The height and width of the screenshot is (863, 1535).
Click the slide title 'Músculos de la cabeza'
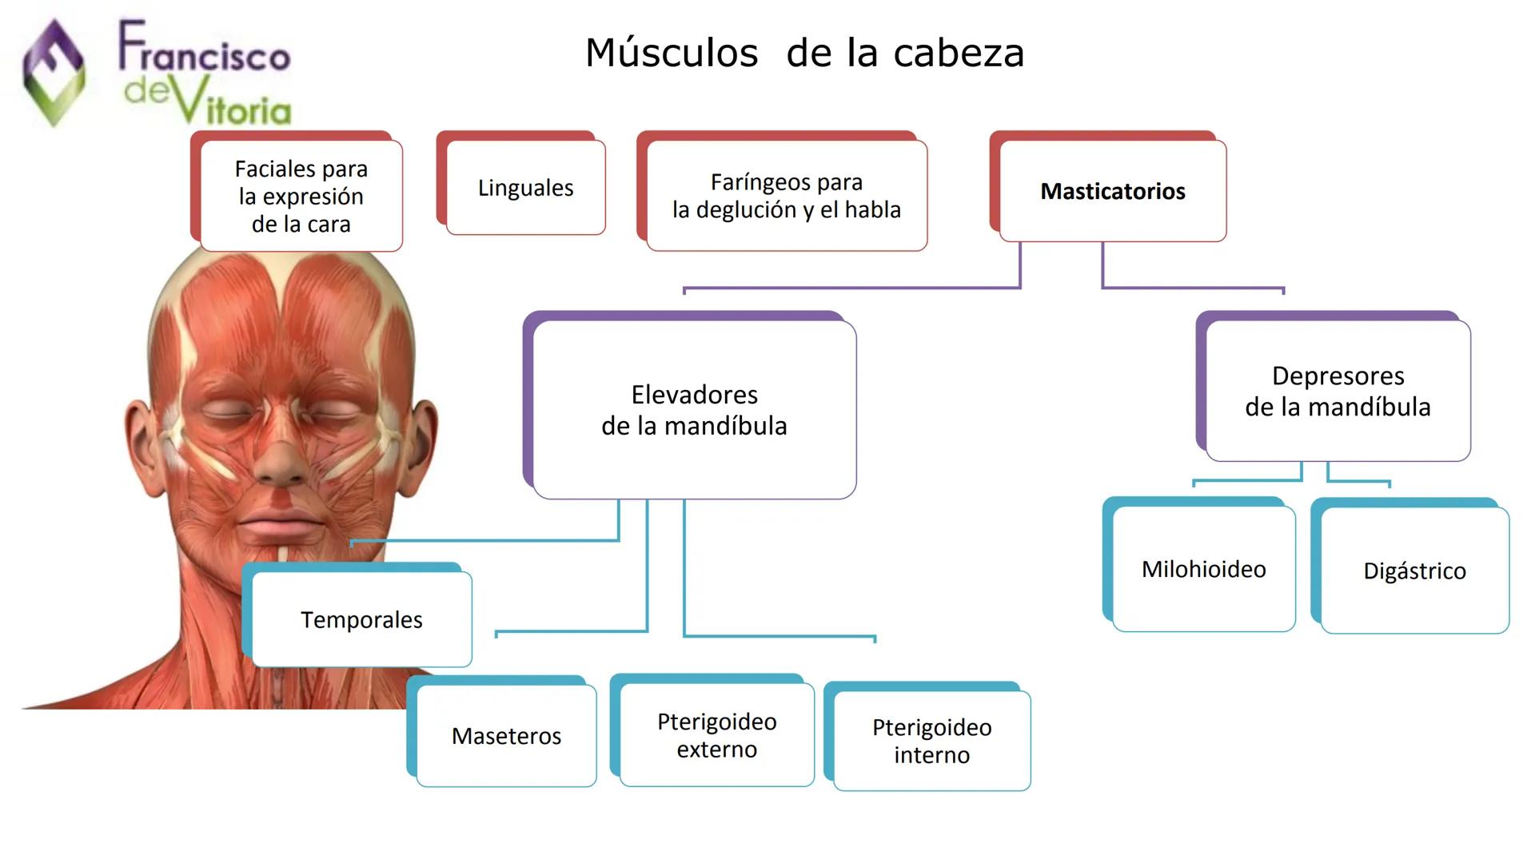[804, 54]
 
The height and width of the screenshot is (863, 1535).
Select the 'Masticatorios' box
[1112, 192]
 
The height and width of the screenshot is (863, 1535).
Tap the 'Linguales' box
[525, 189]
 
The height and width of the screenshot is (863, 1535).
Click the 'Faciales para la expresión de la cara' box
[301, 197]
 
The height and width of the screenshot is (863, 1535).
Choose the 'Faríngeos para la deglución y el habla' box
[787, 197]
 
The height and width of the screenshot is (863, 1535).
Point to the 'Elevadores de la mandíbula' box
[694, 411]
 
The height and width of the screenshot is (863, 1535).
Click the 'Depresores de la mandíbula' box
[1338, 392]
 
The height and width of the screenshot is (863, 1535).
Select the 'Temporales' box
[361, 620]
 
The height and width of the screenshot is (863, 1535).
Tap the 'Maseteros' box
[506, 736]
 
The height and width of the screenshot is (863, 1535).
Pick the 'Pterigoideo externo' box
[716, 735]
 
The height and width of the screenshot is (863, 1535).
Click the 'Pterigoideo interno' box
[931, 742]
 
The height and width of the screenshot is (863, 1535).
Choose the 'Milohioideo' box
[1203, 570]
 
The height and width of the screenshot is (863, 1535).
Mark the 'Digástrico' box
[1414, 571]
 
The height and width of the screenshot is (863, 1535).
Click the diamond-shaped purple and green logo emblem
[54, 73]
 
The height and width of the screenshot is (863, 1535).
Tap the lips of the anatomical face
[281, 527]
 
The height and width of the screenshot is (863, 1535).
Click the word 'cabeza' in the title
[959, 54]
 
